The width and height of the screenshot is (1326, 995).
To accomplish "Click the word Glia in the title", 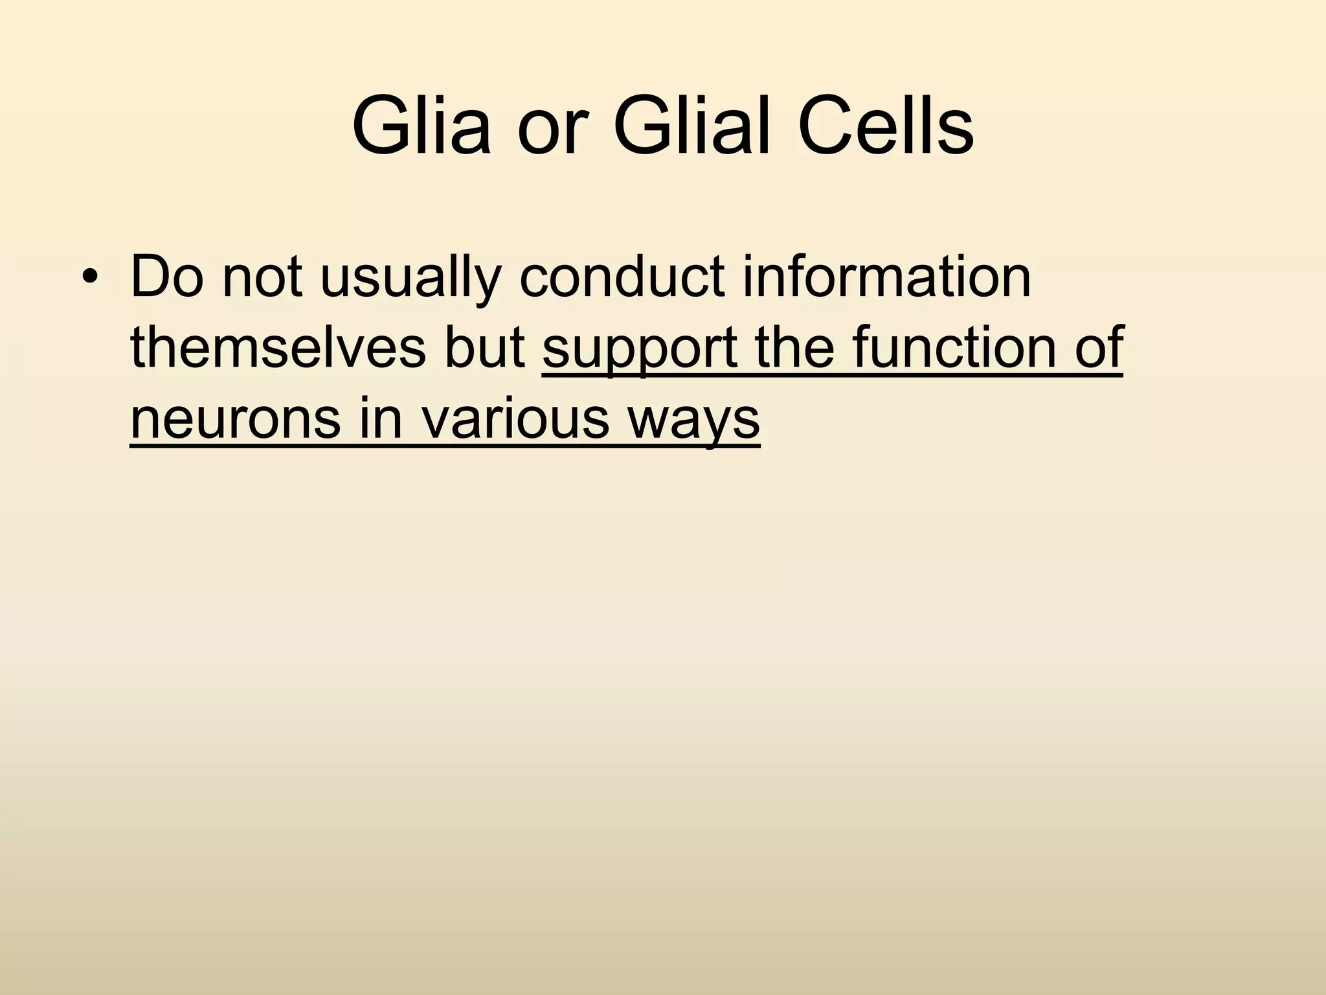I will click(x=421, y=126).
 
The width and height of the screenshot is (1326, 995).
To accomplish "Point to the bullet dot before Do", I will click(x=90, y=279).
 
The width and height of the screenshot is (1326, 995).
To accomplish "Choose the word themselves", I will click(x=278, y=349).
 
